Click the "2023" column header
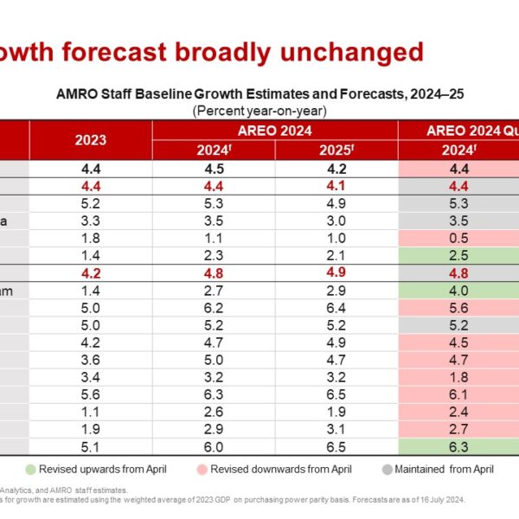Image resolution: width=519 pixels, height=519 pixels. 91,139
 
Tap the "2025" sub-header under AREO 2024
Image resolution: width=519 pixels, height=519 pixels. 336,149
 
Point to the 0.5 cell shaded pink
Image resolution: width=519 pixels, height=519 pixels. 459,238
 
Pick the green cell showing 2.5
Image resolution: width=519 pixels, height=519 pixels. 459,256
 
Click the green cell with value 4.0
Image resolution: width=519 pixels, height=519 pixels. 459,292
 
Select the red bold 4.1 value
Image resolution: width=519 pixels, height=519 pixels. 336,185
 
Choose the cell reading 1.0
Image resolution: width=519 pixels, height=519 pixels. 336,238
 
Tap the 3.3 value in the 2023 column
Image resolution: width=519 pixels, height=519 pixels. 91,221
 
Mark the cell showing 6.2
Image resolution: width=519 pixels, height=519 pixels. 214,309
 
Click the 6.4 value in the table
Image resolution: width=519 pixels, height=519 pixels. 336,309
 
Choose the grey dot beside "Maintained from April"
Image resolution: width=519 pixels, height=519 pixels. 388,470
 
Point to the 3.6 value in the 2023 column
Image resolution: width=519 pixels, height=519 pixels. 91,361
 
